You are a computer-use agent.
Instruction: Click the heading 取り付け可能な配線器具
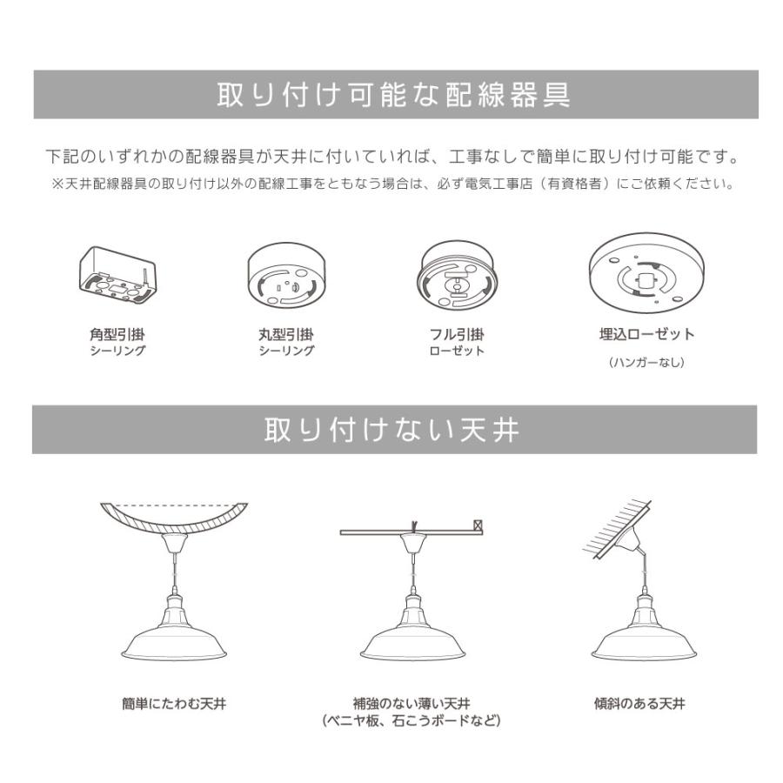click(394, 95)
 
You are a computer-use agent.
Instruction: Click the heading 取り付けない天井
click(393, 430)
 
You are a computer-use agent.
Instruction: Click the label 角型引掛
click(117, 334)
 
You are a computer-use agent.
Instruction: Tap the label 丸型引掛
click(286, 334)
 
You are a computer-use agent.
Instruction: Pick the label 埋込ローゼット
click(646, 334)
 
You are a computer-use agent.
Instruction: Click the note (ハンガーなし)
click(646, 362)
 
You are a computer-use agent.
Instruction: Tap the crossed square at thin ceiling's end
click(477, 525)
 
